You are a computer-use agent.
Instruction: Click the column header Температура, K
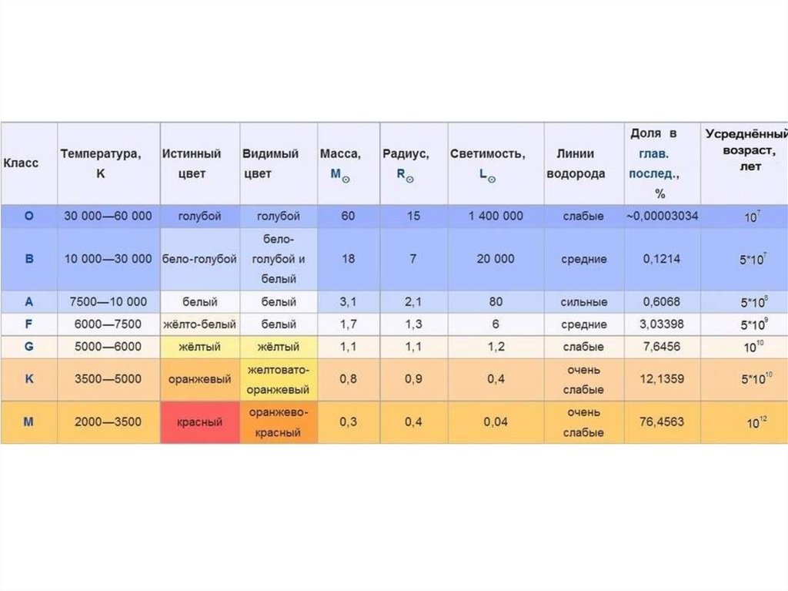point(101,164)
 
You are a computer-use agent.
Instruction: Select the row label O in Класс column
point(29,217)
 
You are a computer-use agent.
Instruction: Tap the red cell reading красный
point(199,422)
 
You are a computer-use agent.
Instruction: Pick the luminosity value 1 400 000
point(496,217)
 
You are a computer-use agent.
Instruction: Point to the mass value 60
point(348,217)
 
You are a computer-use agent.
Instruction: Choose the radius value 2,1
point(413,302)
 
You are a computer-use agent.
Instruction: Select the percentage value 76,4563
point(661,422)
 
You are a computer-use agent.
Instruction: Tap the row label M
point(29,422)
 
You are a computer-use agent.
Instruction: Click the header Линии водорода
point(576,164)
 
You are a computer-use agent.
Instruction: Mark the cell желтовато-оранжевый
point(279,380)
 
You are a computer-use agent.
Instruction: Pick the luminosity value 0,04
point(496,422)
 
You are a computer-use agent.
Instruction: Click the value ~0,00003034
point(662,217)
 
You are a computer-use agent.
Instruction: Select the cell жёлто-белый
point(199,324)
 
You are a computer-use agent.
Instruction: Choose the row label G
point(29,347)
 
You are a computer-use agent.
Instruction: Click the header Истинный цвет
point(192,164)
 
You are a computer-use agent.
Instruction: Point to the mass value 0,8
point(348,380)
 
